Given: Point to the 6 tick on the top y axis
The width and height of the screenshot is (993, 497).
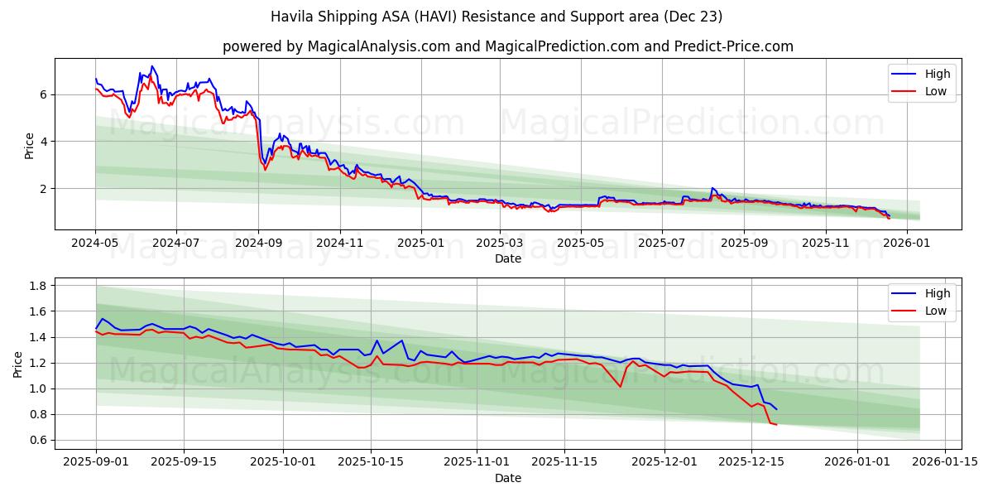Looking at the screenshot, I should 44,94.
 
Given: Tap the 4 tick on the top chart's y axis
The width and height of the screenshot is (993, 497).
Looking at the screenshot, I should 44,142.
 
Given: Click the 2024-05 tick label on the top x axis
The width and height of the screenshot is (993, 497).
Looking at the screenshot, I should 95,244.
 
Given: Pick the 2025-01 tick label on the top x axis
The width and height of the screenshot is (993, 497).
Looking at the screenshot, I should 421,244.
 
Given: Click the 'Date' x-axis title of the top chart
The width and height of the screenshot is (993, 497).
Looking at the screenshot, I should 507,258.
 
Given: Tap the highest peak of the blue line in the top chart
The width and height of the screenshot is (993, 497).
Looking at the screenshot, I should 151,66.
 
